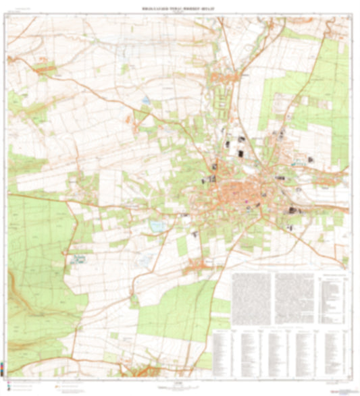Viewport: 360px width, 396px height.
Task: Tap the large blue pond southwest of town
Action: click(x=157, y=225)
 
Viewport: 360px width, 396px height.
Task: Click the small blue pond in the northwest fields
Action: click(x=146, y=101)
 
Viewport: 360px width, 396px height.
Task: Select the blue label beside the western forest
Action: click(x=80, y=258)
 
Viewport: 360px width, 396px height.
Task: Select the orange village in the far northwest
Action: click(x=45, y=67)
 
